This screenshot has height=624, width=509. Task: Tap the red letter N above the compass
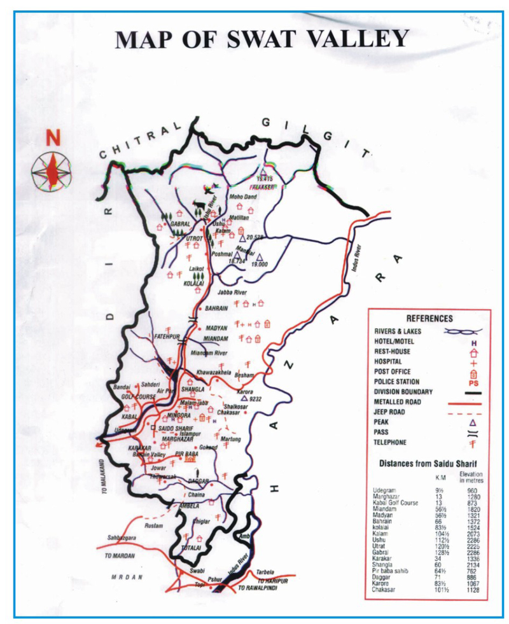[51, 136]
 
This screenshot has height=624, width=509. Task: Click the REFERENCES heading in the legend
[429, 319]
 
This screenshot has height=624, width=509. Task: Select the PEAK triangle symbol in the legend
[471, 422]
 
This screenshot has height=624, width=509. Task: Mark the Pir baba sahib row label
[393, 571]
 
